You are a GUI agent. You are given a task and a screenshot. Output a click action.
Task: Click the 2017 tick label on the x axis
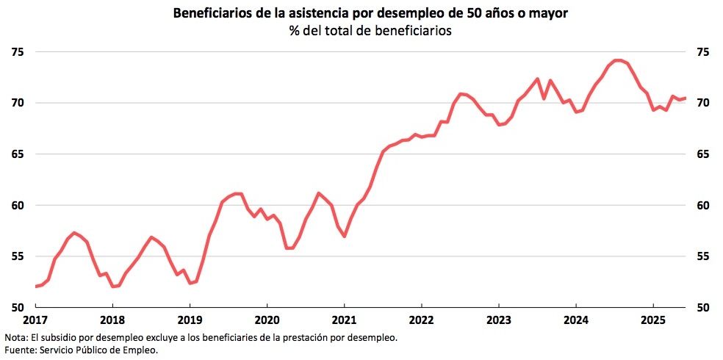35,320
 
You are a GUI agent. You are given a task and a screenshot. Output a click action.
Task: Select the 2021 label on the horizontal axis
344,320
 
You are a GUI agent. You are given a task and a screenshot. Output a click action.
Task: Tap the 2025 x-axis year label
653,320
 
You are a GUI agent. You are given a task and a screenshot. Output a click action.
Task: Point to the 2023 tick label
498,320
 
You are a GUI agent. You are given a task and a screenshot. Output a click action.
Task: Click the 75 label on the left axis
17,52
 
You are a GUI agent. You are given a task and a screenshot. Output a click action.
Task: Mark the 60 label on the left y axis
17,205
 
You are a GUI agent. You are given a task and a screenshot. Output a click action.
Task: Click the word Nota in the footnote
15,337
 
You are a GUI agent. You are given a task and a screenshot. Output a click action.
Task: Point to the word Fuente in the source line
18,350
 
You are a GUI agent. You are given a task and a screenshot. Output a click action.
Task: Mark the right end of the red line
685,98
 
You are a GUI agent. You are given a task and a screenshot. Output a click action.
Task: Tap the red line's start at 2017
35,287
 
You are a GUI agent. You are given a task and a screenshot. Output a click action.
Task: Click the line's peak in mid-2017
74,233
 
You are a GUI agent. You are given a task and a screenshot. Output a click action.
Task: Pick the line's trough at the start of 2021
344,236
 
